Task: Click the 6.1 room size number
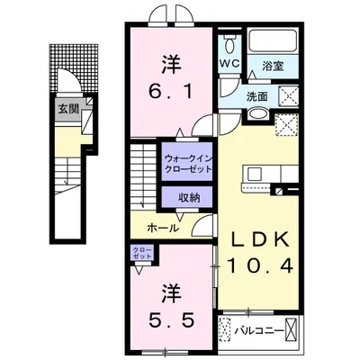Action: click(170, 91)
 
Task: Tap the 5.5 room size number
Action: click(169, 319)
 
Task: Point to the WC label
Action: click(229, 64)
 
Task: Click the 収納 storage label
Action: click(187, 198)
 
